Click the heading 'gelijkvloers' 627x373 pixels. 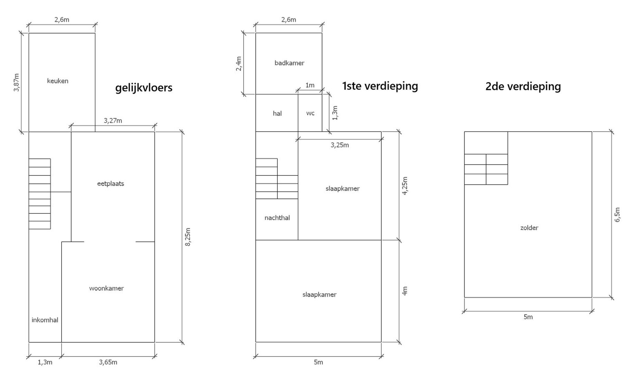point(143,88)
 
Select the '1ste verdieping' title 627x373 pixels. point(380,86)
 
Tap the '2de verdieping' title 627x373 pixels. point(523,86)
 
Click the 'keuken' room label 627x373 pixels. point(58,81)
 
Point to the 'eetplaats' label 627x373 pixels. point(111,183)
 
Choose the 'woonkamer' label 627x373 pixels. point(106,288)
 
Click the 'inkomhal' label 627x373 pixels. point(45,320)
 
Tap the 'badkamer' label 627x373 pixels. point(289,63)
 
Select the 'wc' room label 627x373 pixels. point(310,113)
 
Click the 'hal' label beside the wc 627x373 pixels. point(277,113)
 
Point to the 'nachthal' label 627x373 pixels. point(277,218)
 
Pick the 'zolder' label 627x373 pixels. point(529,228)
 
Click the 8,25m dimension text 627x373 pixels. point(188,237)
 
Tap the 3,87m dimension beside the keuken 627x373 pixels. point(16,83)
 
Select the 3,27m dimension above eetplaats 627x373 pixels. point(113,121)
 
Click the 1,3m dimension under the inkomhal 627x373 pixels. point(45,362)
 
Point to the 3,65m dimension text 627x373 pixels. point(108,362)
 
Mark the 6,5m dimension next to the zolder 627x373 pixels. point(618,215)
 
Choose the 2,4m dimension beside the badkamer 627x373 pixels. point(238,64)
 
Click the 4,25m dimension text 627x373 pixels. point(405,186)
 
